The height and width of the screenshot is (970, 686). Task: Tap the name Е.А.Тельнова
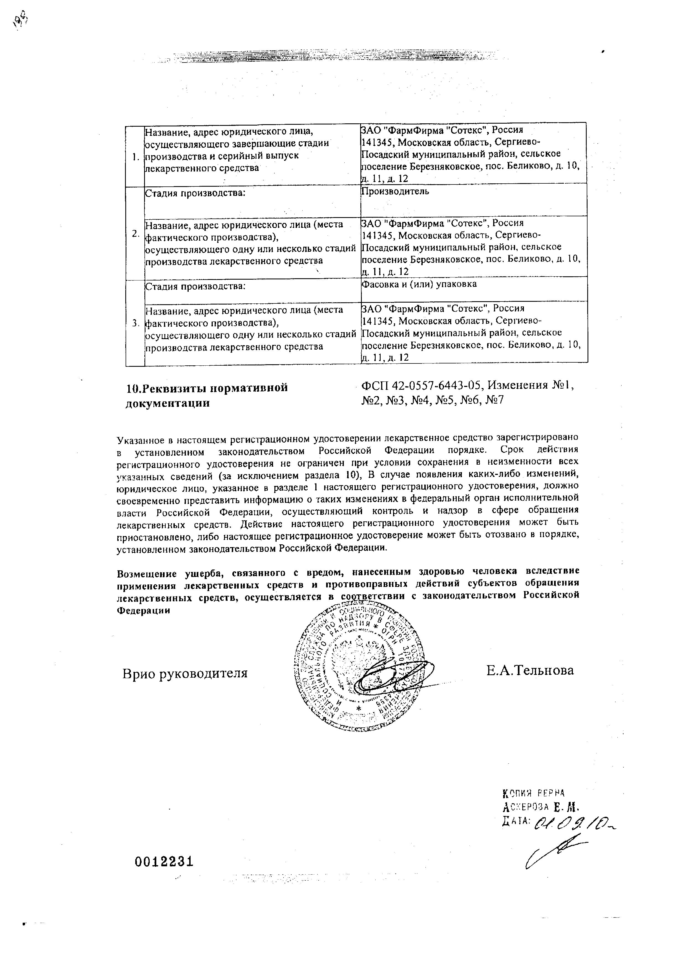coord(530,670)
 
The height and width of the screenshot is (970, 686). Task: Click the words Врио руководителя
coord(185,673)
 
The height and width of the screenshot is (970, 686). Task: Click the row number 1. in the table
coord(135,158)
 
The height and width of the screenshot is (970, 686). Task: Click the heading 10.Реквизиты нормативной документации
coord(207,395)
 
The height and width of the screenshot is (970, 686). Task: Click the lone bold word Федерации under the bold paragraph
coord(143,610)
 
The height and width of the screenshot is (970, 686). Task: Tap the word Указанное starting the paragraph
coord(140,440)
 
